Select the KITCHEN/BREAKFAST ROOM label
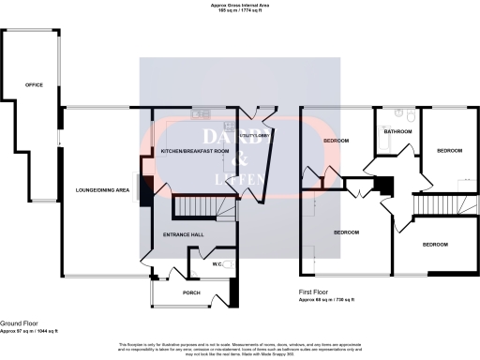pyautogui.click(x=195, y=151)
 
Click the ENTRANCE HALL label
pyautogui.click(x=184, y=233)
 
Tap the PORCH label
pyautogui.click(x=190, y=292)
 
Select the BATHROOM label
pyautogui.click(x=397, y=132)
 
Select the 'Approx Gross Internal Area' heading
pyautogui.click(x=239, y=6)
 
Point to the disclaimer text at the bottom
pyautogui.click(x=240, y=349)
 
